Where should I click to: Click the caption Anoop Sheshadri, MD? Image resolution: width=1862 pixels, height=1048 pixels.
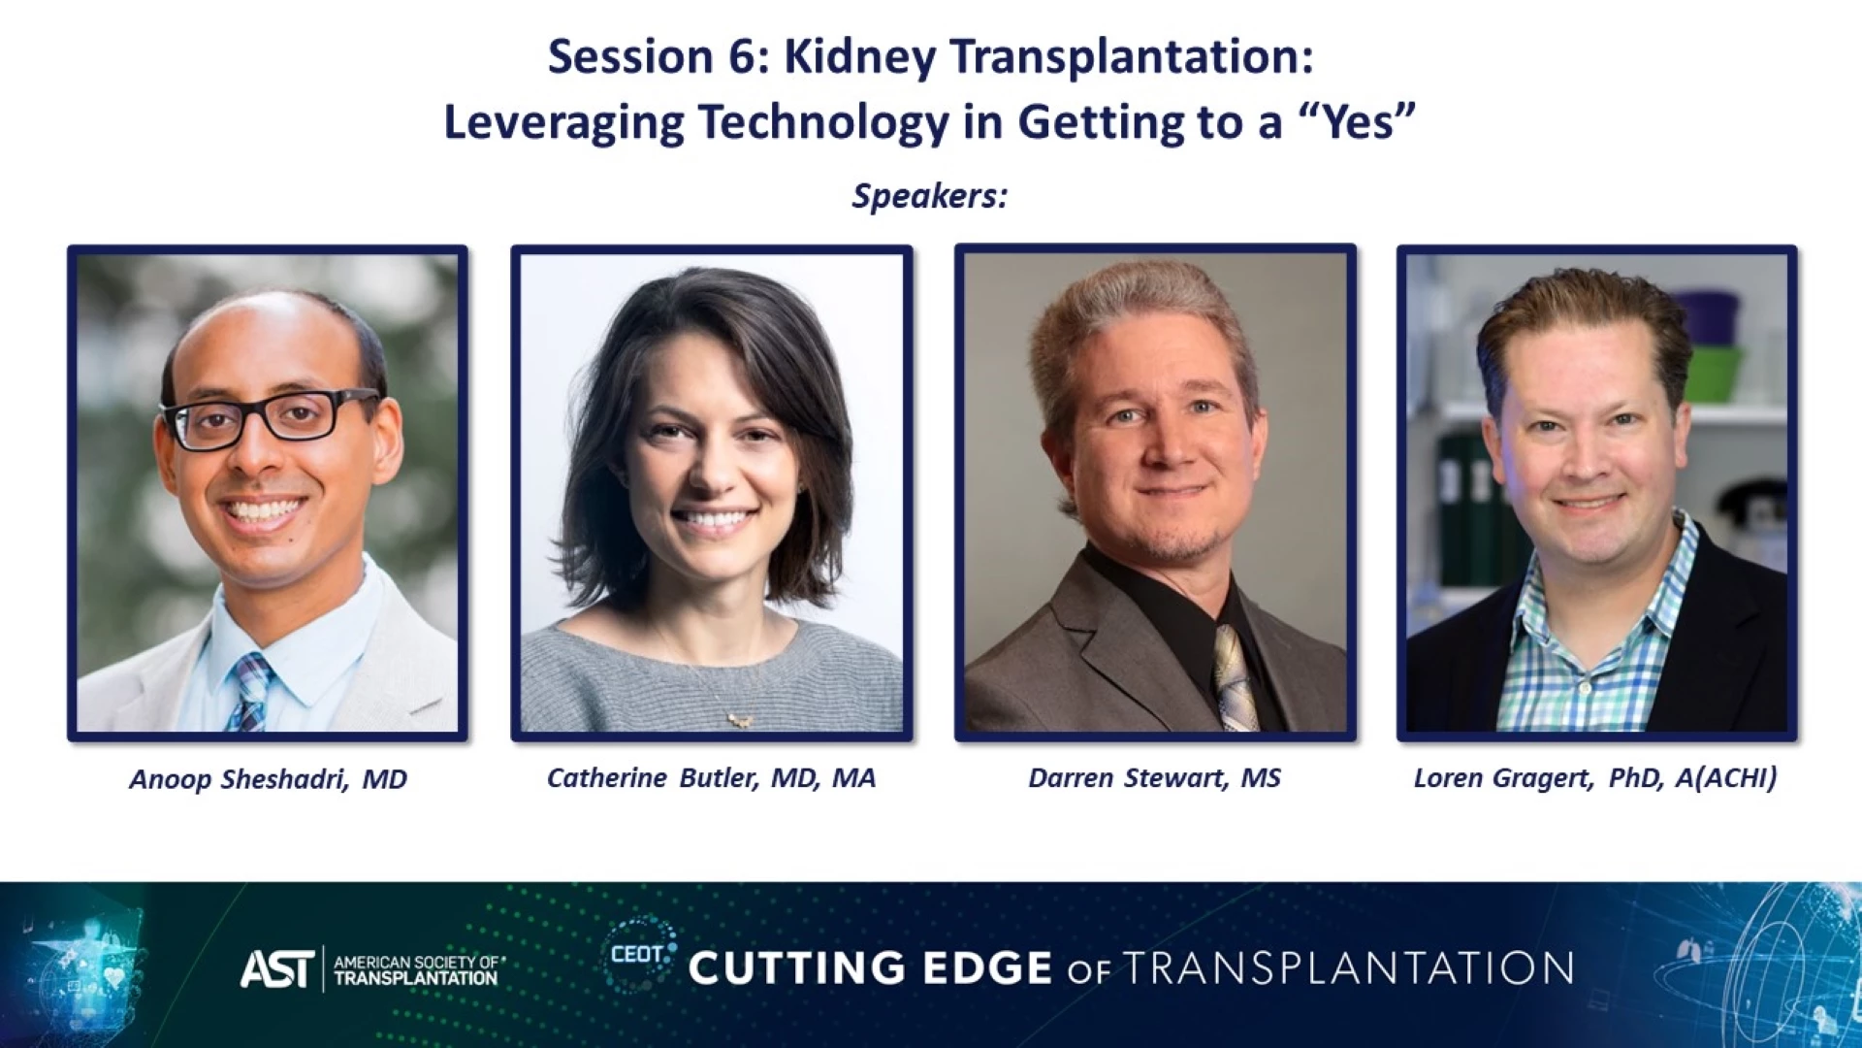(x=268, y=779)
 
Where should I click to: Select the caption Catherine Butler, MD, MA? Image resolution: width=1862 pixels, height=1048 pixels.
(x=711, y=778)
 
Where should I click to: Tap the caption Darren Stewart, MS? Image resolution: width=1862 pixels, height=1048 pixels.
(x=1154, y=778)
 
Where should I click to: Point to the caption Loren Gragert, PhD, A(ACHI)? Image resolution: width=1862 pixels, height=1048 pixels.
(x=1595, y=778)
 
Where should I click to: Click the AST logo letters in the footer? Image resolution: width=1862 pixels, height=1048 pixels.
(x=277, y=968)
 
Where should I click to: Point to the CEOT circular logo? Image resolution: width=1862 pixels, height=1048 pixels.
(x=638, y=955)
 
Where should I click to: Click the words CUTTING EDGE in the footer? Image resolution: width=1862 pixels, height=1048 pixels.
(x=870, y=968)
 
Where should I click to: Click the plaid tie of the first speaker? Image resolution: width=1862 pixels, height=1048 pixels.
(x=249, y=691)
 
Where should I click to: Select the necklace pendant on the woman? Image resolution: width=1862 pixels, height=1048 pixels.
(x=740, y=720)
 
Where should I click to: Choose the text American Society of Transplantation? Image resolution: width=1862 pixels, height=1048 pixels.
(x=416, y=969)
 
